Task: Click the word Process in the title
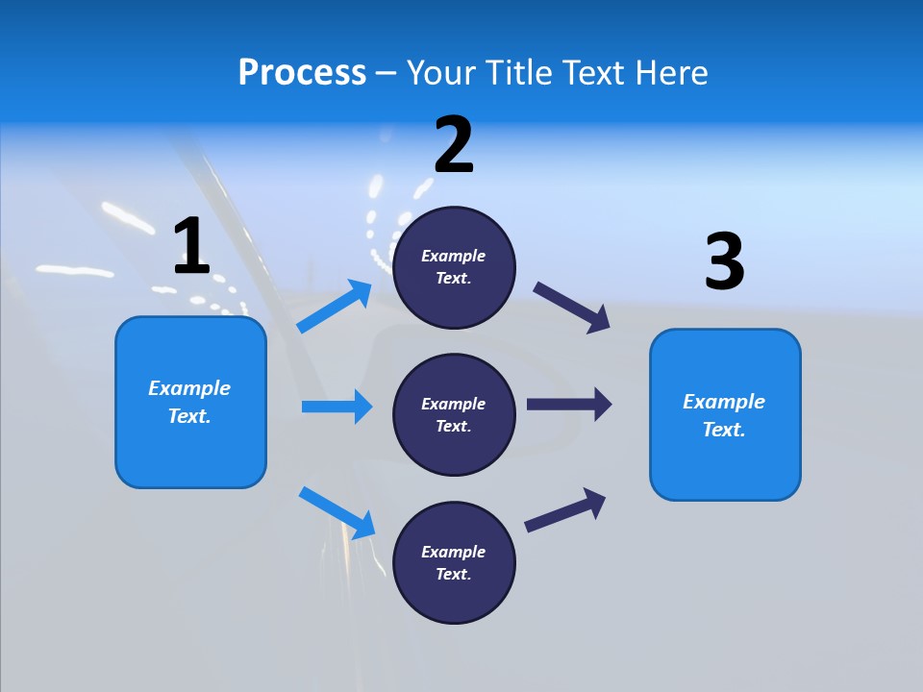point(302,72)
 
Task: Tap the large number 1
point(191,246)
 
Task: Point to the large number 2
point(454,145)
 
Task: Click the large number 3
point(724,261)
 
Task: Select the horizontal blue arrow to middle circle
point(337,407)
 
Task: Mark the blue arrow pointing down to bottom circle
point(337,512)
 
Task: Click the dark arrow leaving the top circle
point(572,308)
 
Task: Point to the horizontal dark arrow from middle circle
point(569,405)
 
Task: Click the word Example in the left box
point(189,388)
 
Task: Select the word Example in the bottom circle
point(453,552)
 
